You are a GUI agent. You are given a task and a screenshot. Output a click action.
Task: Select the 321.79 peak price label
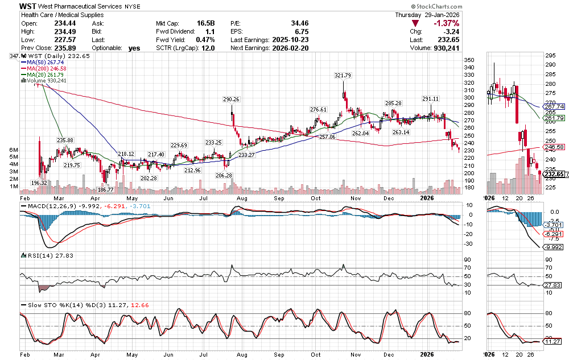click(x=343, y=76)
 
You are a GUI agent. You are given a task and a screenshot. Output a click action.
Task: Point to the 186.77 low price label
click(x=106, y=189)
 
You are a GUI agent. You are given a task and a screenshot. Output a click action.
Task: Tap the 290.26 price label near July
click(x=232, y=100)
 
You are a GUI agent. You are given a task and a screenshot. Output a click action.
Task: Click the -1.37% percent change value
click(x=447, y=23)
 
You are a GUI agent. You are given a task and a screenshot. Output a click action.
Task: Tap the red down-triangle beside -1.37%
click(x=416, y=23)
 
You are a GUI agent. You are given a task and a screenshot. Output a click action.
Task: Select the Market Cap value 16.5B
click(x=205, y=23)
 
